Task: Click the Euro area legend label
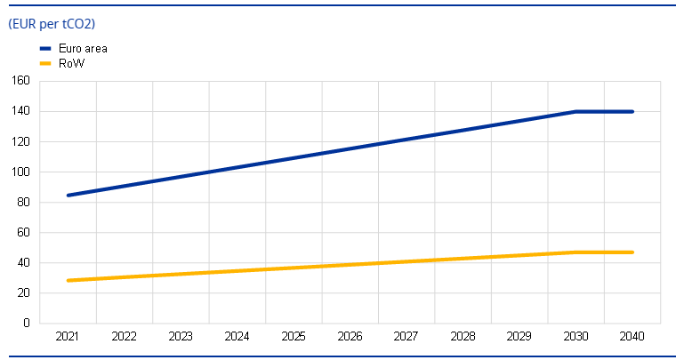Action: pyautogui.click(x=83, y=49)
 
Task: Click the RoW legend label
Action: pyautogui.click(x=71, y=63)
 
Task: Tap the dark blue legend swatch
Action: pyautogui.click(x=46, y=49)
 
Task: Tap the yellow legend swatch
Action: pyautogui.click(x=46, y=63)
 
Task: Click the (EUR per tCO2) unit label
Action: pyautogui.click(x=52, y=24)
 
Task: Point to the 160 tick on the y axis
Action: pyautogui.click(x=21, y=81)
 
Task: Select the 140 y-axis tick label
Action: pyautogui.click(x=21, y=111)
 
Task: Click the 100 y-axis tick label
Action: pyautogui.click(x=21, y=172)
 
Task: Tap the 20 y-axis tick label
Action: pyautogui.click(x=24, y=292)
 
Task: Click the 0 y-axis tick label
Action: pyautogui.click(x=27, y=323)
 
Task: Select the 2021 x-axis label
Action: pyautogui.click(x=68, y=337)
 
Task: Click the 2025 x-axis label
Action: pyautogui.click(x=294, y=337)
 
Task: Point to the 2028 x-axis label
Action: pyautogui.click(x=463, y=337)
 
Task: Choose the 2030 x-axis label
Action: pyautogui.click(x=576, y=337)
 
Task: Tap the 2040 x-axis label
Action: pyautogui.click(x=632, y=337)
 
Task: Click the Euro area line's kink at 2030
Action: pyautogui.click(x=576, y=111)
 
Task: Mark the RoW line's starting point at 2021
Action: pyautogui.click(x=68, y=280)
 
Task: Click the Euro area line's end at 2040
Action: pyautogui.click(x=632, y=111)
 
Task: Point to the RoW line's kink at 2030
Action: pyautogui.click(x=576, y=252)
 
